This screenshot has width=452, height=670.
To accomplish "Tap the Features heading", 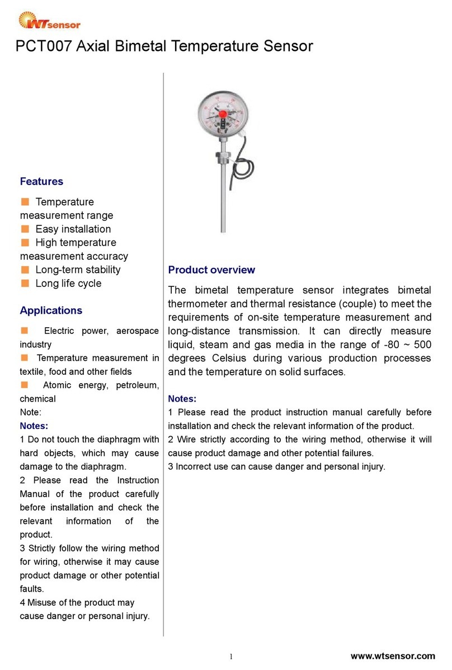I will click(41, 181).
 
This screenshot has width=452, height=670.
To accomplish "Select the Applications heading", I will click(51, 310).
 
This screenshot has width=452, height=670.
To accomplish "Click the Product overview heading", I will click(211, 270).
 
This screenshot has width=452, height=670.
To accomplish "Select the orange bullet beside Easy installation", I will click(25, 229).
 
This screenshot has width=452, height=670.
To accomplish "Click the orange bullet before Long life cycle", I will click(25, 283).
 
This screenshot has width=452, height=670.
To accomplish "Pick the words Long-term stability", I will click(78, 270).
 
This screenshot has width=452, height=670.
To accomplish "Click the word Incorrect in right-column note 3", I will click(194, 466).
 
